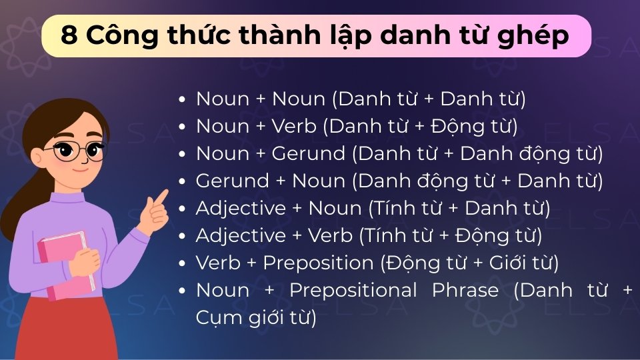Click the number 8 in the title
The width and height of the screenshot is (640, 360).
tap(68, 35)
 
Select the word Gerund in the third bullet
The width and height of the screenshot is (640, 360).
tap(309, 153)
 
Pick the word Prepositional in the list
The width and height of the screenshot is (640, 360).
tap(353, 290)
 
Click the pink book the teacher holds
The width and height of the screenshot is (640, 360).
tap(63, 263)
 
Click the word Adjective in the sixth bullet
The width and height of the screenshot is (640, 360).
tap(231, 235)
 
